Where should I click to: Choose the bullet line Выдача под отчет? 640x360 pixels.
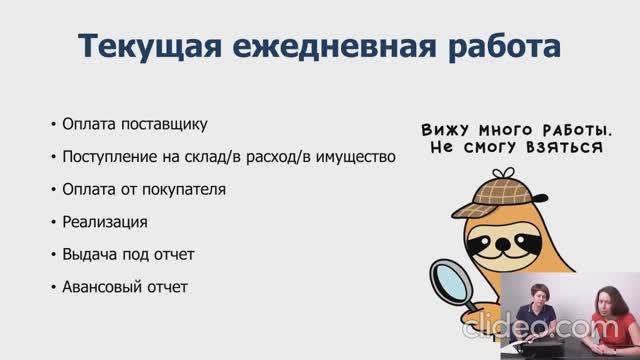point(127,254)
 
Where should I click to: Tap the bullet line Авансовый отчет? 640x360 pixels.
point(124,287)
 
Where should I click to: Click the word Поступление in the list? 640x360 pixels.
point(105,157)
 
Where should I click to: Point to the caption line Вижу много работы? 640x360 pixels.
point(516,130)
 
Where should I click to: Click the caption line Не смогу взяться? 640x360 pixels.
point(516,147)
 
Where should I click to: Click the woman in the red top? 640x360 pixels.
point(605,320)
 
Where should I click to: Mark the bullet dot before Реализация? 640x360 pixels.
point(52,222)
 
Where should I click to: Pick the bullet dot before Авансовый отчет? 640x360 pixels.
point(52,288)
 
